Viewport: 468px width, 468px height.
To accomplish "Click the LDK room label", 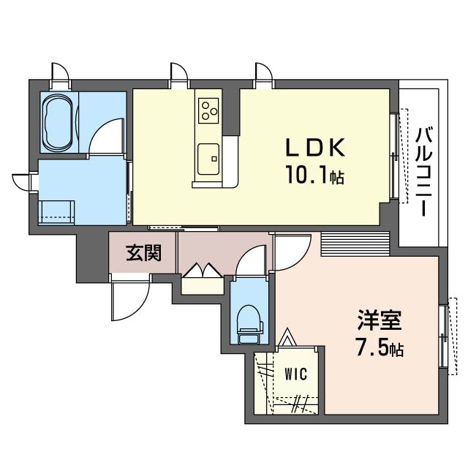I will click(x=314, y=148).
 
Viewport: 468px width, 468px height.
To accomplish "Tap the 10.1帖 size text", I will click(x=315, y=176).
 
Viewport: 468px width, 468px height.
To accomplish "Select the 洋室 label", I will click(x=379, y=320).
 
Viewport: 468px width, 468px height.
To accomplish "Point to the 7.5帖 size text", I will click(x=379, y=348).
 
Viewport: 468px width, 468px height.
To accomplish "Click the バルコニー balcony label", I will click(x=423, y=170).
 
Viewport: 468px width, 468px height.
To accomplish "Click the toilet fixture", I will click(x=249, y=324).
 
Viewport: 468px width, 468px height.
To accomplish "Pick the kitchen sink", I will click(x=208, y=155).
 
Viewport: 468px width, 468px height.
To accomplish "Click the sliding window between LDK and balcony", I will click(x=396, y=156).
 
